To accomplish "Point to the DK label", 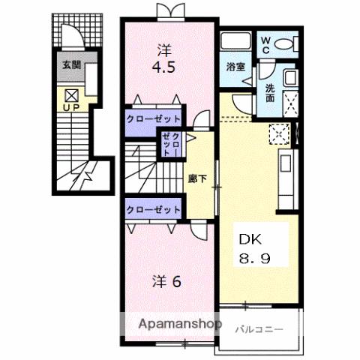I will (x=248, y=239).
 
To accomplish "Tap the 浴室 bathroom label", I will (x=235, y=67).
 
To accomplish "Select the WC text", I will (x=266, y=44).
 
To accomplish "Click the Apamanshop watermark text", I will (x=184, y=325).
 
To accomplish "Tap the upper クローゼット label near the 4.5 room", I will (x=154, y=119).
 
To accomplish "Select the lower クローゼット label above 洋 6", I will (x=154, y=209).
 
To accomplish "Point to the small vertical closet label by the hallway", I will (x=171, y=142).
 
